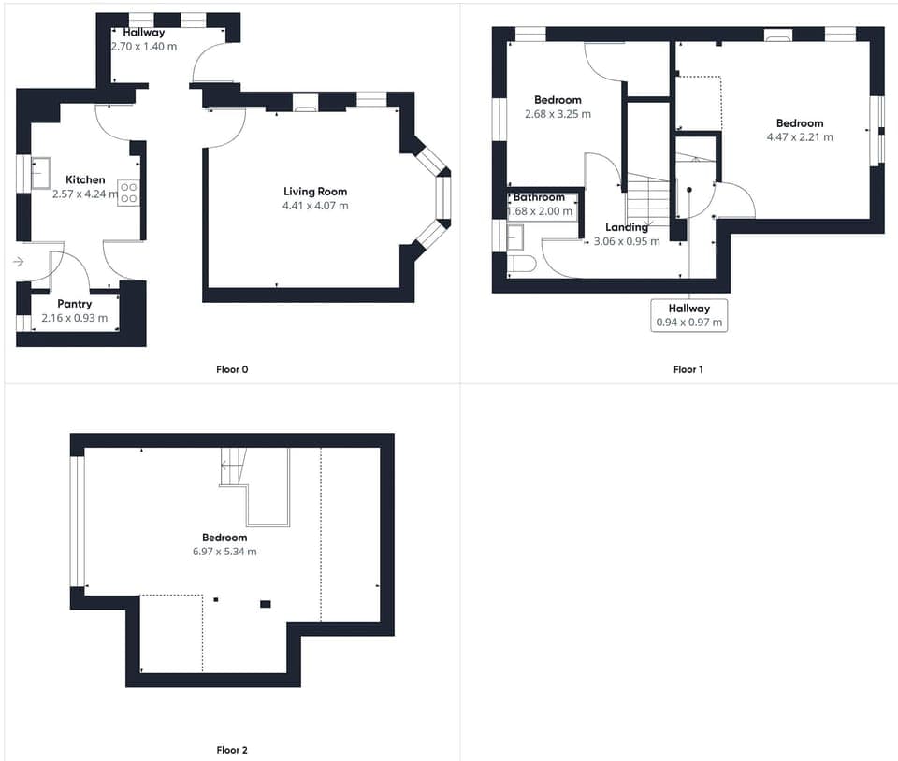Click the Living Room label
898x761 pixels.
click(315, 192)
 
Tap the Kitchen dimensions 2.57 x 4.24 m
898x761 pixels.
click(85, 194)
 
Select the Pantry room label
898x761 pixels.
click(75, 304)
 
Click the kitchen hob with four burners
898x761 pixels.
click(129, 193)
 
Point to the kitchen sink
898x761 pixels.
click(40, 173)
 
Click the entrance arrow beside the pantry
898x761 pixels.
click(19, 262)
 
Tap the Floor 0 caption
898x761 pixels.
click(232, 369)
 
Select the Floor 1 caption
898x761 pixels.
click(688, 369)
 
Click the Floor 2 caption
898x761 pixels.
click(232, 750)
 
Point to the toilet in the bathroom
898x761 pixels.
click(522, 264)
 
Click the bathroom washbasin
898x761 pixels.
click(514, 238)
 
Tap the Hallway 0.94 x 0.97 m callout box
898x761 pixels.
click(689, 315)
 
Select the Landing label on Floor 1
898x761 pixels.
click(627, 227)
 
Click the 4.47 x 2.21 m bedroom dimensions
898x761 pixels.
click(800, 137)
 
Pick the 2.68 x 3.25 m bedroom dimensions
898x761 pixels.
click(558, 114)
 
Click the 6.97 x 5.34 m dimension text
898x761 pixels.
click(224, 552)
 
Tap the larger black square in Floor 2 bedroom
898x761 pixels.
click(265, 604)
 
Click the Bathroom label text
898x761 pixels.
click(539, 197)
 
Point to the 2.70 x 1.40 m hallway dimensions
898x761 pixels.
click(144, 47)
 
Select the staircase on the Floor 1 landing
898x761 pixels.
click(647, 199)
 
